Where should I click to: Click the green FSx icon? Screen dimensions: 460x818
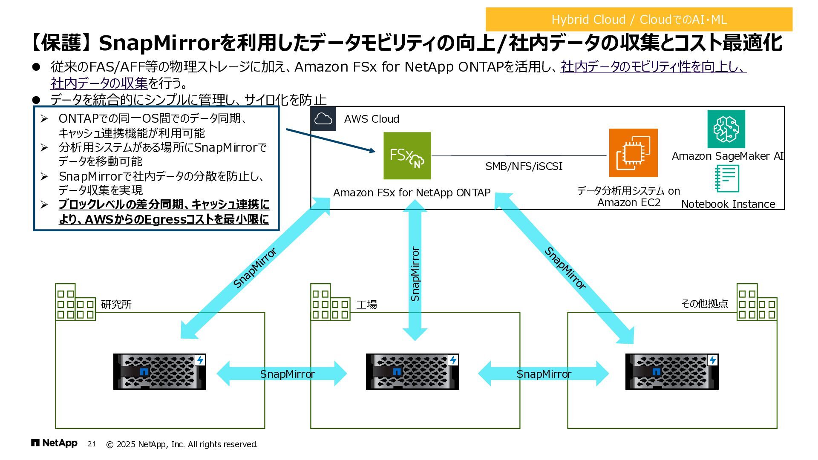(x=407, y=155)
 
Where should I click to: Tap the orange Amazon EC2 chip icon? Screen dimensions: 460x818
(x=633, y=153)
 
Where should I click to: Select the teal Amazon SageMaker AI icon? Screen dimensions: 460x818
(x=726, y=129)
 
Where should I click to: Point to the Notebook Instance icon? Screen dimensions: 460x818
(x=727, y=179)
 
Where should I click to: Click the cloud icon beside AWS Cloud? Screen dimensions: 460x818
(x=323, y=119)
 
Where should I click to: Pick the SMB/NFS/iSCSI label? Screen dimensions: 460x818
(x=524, y=166)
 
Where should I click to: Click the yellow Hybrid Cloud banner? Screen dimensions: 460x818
(x=639, y=19)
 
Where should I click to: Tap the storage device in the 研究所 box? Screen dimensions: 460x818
(x=160, y=371)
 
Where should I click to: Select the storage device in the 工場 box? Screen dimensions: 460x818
(x=412, y=371)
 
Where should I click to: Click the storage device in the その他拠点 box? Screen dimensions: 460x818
(x=672, y=371)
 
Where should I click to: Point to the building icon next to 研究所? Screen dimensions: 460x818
(x=75, y=302)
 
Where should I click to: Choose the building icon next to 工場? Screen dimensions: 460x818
(x=330, y=302)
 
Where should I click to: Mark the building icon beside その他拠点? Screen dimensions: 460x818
(x=757, y=302)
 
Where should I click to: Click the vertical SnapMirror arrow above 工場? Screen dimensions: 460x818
(x=415, y=273)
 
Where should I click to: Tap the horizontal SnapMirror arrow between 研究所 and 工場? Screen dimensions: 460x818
(x=282, y=374)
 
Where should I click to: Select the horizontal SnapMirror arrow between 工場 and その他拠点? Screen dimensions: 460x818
(x=543, y=374)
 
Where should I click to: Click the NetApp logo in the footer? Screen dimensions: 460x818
(x=54, y=443)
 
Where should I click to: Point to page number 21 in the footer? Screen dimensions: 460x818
(x=92, y=444)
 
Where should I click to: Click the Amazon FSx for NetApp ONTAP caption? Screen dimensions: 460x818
(x=412, y=193)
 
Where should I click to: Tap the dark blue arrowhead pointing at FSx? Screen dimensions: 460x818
(x=372, y=150)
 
